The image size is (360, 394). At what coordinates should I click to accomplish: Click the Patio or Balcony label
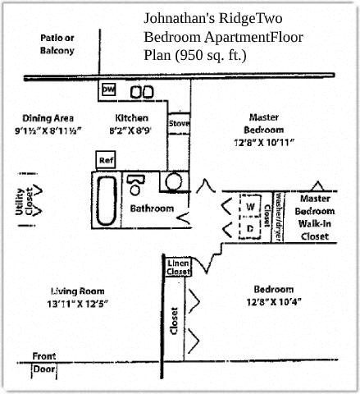pos(57,44)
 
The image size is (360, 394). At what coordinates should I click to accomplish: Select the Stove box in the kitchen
pos(178,124)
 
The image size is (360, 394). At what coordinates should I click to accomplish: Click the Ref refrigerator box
pos(106,158)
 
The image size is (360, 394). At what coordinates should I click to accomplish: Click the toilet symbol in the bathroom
pos(137,181)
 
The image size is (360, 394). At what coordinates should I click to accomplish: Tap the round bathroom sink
pos(175,182)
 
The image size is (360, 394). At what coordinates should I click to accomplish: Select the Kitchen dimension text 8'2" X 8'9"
pos(131,130)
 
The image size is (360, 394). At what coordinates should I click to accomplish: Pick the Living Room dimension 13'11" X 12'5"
pos(79,304)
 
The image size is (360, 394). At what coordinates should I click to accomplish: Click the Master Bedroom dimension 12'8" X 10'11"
pos(263,142)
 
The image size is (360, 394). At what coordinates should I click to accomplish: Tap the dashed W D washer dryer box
pos(250,215)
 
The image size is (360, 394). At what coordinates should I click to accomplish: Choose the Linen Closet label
pos(178,267)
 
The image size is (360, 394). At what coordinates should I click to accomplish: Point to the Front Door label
pos(44,362)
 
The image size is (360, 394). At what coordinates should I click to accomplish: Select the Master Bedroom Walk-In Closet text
pos(314,218)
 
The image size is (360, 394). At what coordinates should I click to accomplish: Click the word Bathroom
pos(152,208)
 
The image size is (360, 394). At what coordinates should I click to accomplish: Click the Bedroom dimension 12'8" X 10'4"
pos(273,300)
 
